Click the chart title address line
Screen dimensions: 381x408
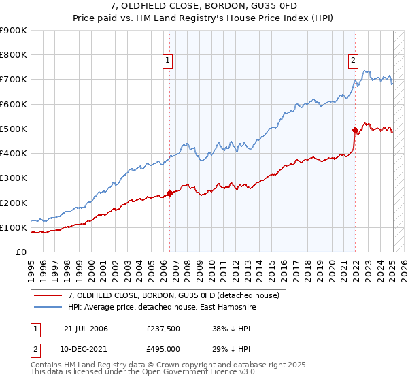204,7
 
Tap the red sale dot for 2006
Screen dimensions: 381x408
169,193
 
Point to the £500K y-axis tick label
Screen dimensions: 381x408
14,129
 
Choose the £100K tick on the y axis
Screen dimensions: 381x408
14,227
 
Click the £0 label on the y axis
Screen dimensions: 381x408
20,252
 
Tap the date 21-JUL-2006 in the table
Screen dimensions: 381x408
86,329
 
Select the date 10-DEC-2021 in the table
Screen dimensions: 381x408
86,349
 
